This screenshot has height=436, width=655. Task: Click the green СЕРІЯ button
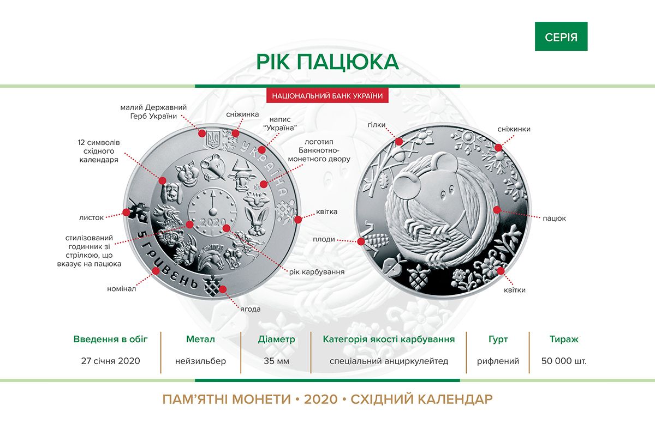coord(561,36)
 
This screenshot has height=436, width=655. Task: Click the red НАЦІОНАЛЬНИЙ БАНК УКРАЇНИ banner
coord(327,96)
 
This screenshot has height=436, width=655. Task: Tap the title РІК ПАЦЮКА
coord(327,62)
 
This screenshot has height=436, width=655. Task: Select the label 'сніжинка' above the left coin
coord(242,114)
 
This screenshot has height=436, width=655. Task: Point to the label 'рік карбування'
coord(317,272)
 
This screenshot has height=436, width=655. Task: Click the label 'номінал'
coord(121,289)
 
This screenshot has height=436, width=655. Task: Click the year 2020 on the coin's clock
coord(212,223)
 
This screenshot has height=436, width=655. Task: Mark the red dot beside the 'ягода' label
coord(223,289)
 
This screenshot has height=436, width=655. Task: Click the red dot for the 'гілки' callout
coord(399,142)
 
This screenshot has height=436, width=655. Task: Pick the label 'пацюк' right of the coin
coord(554,219)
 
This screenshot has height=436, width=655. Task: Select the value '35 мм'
coord(276,361)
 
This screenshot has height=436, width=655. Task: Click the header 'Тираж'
coord(564,339)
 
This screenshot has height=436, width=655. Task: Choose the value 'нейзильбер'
coord(201,361)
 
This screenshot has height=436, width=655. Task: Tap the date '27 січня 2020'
coord(110,361)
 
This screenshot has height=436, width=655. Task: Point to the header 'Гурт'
coord(498,340)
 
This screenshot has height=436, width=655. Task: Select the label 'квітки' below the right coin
coord(514,290)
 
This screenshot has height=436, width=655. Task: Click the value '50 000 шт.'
coord(564,361)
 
